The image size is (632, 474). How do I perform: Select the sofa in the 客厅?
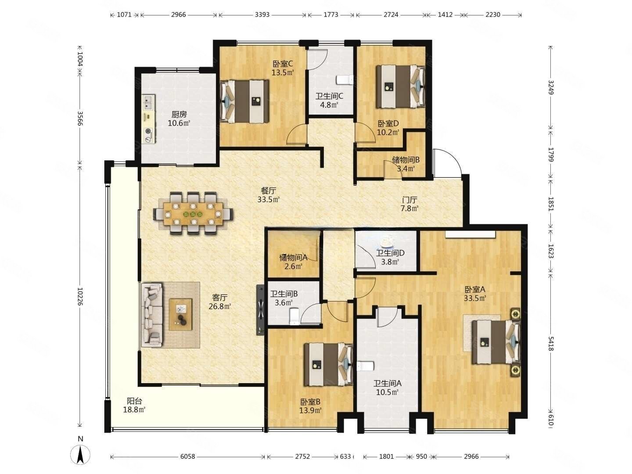[x=151, y=315]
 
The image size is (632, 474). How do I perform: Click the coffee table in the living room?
[x=180, y=314]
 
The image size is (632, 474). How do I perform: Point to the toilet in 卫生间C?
[x=345, y=80]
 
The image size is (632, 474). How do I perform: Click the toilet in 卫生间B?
[x=294, y=316]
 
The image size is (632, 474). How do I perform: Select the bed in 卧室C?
[x=244, y=101]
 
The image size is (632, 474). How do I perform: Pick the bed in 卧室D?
[x=401, y=86]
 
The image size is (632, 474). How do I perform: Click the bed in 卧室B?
[x=329, y=364]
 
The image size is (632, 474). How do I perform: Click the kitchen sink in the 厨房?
[x=148, y=102]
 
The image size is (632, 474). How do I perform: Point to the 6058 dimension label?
[x=187, y=456]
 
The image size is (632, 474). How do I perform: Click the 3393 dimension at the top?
[x=262, y=14]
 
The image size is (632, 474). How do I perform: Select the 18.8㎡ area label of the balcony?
[x=134, y=409]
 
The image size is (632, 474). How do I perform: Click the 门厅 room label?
[x=409, y=199]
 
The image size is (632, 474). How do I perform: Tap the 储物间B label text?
[x=406, y=160]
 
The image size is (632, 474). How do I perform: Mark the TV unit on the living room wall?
[x=261, y=310]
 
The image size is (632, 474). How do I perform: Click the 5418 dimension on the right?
[x=550, y=344]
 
